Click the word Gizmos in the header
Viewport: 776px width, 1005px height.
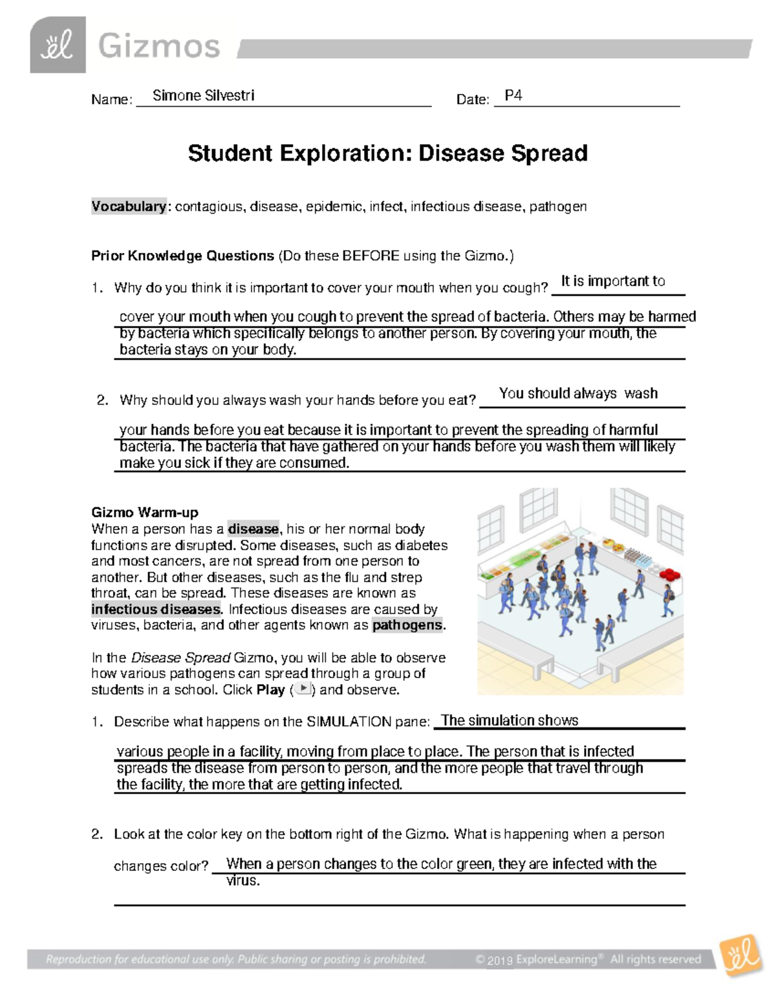coord(159,47)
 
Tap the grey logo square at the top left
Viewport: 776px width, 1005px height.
coord(58,45)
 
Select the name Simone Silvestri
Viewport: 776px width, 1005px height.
coord(203,96)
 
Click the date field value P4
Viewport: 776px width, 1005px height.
coord(513,96)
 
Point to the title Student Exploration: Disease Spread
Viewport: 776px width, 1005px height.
coord(387,153)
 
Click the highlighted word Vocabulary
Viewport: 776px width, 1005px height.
coord(129,206)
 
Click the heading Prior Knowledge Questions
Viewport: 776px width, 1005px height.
coord(182,256)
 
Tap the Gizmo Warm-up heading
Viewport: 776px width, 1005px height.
coord(145,513)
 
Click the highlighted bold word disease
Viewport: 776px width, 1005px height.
coord(253,529)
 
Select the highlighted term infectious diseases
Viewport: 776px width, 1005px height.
coord(156,609)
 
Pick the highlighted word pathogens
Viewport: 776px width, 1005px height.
coord(407,625)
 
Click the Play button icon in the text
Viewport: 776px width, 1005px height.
coord(303,689)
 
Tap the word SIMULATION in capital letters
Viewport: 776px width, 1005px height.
coord(345,722)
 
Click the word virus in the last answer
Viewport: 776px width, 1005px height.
coord(242,881)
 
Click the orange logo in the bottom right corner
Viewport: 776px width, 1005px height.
coord(740,956)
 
